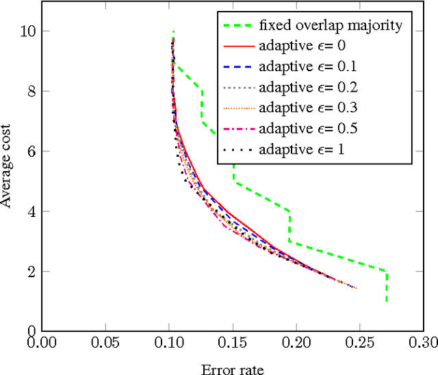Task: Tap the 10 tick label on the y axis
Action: point(26,31)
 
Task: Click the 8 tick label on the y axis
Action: point(29,91)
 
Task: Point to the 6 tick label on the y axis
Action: point(29,151)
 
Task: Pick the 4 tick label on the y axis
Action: point(29,211)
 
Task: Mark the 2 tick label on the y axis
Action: point(29,271)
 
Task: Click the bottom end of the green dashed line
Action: point(387,301)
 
